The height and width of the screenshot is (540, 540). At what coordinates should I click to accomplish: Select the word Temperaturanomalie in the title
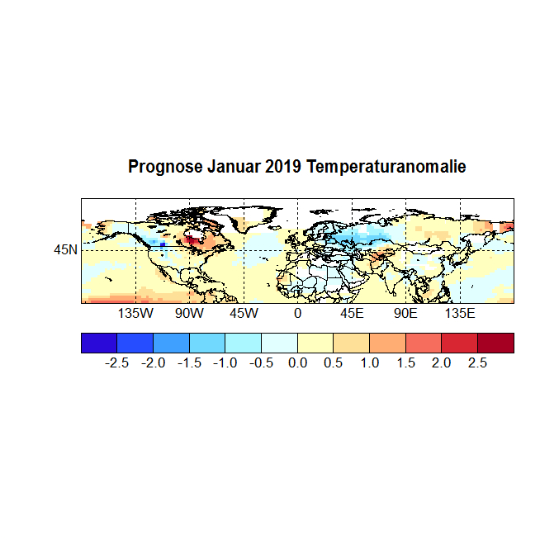point(386,167)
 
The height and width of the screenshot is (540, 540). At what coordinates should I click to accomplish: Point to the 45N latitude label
point(66,249)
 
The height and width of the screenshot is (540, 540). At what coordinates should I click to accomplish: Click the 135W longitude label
point(135,315)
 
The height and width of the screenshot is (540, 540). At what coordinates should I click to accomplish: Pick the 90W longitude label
point(189,315)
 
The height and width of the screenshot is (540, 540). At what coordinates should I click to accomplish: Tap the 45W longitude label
point(244,315)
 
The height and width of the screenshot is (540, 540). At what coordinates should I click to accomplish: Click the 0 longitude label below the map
point(297,315)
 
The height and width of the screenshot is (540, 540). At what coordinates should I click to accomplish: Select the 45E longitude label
point(352,315)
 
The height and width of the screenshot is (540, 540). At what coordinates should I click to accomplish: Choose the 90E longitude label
point(405,315)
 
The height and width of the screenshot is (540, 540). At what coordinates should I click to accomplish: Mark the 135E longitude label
point(460,315)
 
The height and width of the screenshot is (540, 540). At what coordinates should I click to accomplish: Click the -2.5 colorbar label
point(116,363)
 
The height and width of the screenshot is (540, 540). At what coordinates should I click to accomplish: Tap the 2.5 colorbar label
point(478,363)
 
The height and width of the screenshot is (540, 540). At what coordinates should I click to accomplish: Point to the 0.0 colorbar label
point(297,363)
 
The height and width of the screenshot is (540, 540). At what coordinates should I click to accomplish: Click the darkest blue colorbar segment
point(99,343)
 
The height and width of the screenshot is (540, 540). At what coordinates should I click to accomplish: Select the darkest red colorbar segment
point(495,343)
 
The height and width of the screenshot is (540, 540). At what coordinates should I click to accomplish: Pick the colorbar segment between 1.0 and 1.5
point(387,343)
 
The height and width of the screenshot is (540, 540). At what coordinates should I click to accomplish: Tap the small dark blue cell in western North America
point(163,244)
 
